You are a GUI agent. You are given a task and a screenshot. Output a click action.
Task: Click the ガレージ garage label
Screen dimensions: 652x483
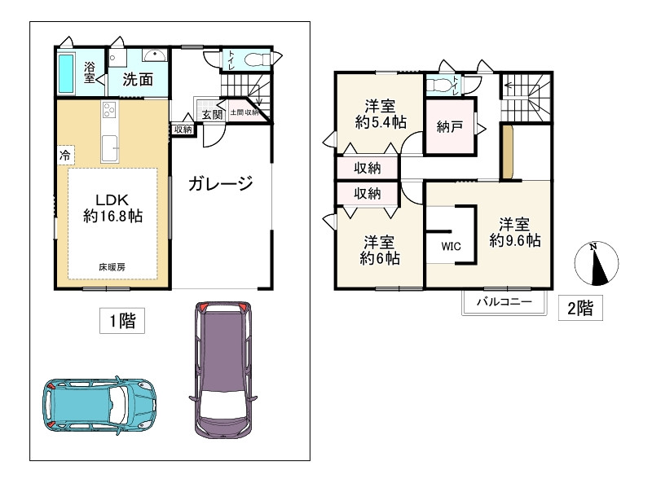[x=220, y=183]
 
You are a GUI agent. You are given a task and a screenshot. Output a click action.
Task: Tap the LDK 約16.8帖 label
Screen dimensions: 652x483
[x=112, y=208]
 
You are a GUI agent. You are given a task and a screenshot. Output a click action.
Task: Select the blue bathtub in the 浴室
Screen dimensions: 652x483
[x=67, y=74]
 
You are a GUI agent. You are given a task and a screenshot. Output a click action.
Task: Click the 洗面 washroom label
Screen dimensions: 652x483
[x=138, y=79]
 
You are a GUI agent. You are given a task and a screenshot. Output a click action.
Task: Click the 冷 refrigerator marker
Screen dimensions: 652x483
[x=65, y=156]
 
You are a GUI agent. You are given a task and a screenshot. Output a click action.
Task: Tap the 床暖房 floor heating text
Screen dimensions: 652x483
[x=112, y=267]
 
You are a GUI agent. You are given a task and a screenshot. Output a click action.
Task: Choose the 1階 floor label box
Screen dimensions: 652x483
[x=122, y=320]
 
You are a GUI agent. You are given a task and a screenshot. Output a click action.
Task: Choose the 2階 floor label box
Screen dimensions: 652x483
[x=580, y=308]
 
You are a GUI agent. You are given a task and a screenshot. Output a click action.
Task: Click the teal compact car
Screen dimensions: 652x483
[x=99, y=406]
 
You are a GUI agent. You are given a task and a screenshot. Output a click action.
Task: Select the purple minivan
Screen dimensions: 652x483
[x=223, y=370]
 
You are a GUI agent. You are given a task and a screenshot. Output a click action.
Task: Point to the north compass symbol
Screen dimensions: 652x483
[x=597, y=264]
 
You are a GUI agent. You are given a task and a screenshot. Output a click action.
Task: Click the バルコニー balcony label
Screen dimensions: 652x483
[x=504, y=301]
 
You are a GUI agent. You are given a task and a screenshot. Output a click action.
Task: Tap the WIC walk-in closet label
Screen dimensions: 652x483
[x=452, y=247]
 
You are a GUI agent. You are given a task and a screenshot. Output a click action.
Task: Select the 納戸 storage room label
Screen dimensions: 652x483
[x=450, y=127]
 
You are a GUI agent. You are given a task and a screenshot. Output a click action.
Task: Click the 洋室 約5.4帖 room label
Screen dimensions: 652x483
[x=381, y=114]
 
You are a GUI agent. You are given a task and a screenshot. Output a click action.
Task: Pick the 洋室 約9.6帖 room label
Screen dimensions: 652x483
[x=515, y=233]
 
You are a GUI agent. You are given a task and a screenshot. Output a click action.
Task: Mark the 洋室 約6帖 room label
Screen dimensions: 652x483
[x=380, y=250]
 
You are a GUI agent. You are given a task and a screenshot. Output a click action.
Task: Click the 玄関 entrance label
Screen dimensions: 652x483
[x=212, y=115]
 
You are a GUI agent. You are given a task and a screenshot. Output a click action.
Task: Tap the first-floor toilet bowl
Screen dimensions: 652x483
[x=257, y=60]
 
